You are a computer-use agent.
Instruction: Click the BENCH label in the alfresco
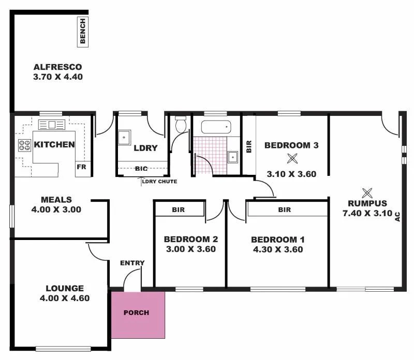[x=83, y=32]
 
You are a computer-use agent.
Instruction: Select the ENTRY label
[x=132, y=263]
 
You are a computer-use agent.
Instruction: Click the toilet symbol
[x=181, y=125]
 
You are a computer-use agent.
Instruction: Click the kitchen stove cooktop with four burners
[x=25, y=145]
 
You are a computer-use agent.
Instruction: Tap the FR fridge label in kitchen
[x=81, y=167]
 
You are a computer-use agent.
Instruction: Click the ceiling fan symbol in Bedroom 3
[x=292, y=159]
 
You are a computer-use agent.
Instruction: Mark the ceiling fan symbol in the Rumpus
[x=367, y=193]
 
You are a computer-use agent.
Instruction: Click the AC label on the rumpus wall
[x=397, y=216]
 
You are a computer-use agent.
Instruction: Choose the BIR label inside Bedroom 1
[x=284, y=210]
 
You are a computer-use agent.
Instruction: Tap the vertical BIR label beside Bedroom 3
[x=249, y=146]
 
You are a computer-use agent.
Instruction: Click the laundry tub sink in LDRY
[x=124, y=137]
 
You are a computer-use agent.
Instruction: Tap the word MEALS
[x=56, y=200]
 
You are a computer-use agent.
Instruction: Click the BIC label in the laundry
[x=141, y=169]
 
